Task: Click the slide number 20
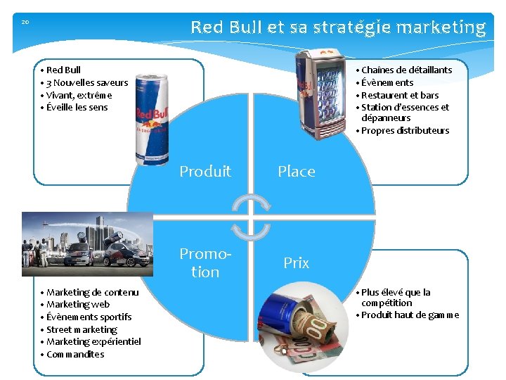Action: pos(25,22)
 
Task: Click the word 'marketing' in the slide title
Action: pos(441,27)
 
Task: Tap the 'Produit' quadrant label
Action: pos(205,171)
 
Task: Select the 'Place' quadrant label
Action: pos(296,171)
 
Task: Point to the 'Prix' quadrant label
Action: pos(296,262)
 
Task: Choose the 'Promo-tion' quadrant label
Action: pos(205,262)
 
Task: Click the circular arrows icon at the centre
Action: pos(251,215)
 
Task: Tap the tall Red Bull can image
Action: pos(152,118)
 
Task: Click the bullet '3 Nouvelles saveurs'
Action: pos(87,82)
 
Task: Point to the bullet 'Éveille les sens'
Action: pos(77,108)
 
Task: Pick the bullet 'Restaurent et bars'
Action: pos(400,95)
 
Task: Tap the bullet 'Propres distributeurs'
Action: pos(405,130)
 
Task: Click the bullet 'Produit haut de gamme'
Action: pos(410,315)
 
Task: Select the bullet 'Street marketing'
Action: pos(82,329)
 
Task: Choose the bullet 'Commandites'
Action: pos(75,354)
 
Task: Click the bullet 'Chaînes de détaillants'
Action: pos(406,70)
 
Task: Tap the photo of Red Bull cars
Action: pos(87,243)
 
